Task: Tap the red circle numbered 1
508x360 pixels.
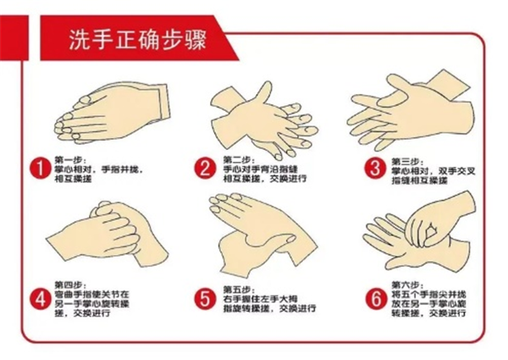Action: pos(36,169)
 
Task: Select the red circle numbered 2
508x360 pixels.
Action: pos(204,169)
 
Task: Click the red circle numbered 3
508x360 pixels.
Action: pos(373,169)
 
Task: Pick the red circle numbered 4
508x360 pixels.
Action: pos(36,298)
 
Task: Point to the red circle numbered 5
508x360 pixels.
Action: pos(204,298)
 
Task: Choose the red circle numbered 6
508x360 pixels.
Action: pos(373,298)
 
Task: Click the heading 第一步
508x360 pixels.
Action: pos(69,158)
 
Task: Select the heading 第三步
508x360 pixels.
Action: pos(406,158)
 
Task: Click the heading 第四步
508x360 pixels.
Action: pos(69,283)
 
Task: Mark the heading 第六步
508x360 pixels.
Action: pos(406,284)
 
